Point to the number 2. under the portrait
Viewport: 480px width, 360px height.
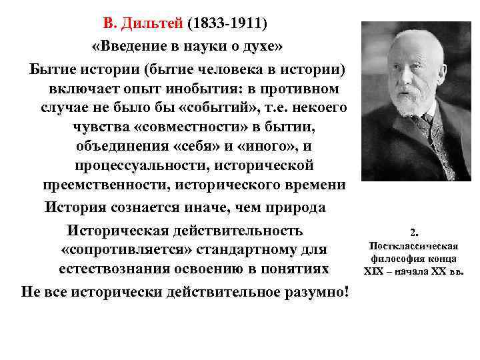coord(415,232)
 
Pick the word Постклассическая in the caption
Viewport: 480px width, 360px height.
coord(415,245)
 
